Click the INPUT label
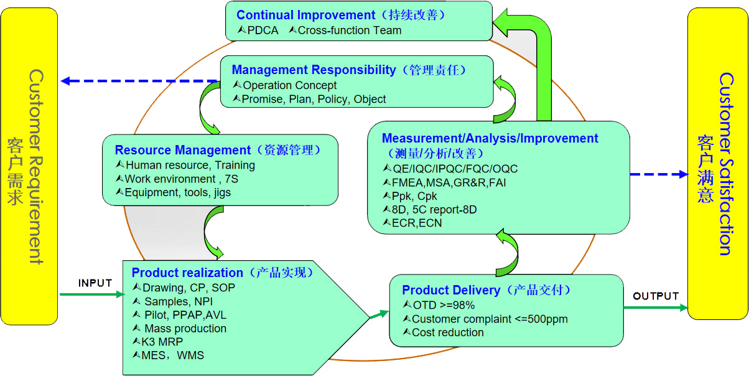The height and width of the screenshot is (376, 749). coord(95,283)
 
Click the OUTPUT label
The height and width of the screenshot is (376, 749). coord(656,296)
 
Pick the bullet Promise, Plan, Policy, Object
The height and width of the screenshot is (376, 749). coord(314,99)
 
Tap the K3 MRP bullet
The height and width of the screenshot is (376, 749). coord(162,342)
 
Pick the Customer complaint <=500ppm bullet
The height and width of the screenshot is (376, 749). coord(490,319)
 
